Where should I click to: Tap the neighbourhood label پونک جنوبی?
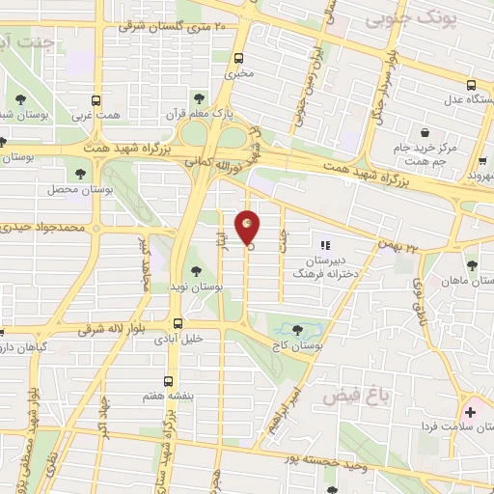[417, 15]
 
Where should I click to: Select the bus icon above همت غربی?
[96, 99]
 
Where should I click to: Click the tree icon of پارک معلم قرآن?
[200, 98]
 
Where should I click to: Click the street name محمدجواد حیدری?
[42, 229]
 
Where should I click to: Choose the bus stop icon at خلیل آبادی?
[178, 324]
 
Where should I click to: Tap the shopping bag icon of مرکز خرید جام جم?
[423, 131]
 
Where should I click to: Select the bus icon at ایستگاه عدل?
[470, 85]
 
